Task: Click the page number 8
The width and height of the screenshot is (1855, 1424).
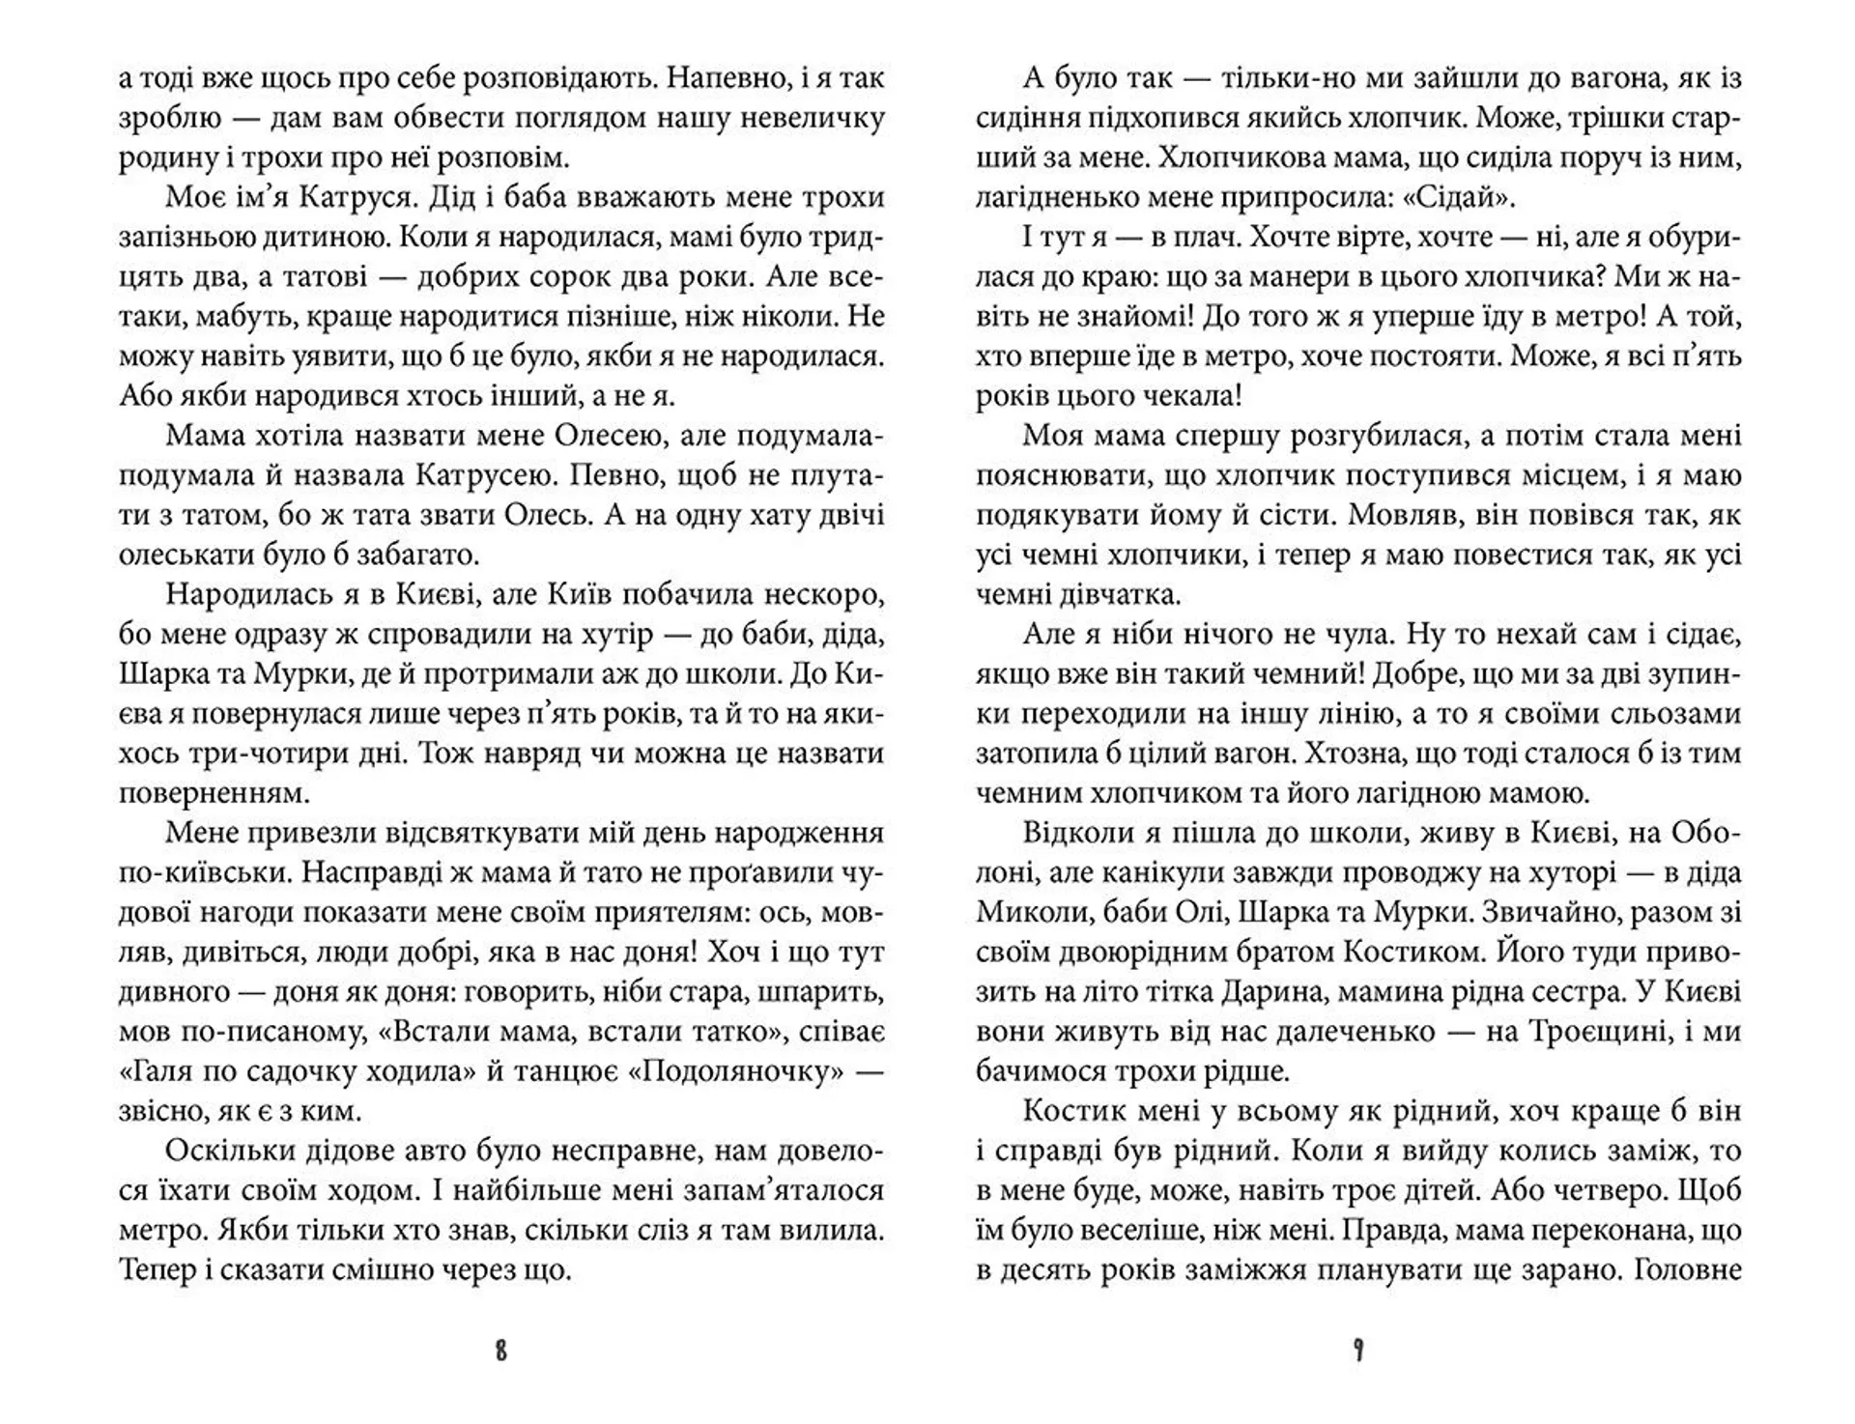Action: click(x=500, y=1351)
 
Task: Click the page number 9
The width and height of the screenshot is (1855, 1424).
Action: click(x=1358, y=1351)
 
